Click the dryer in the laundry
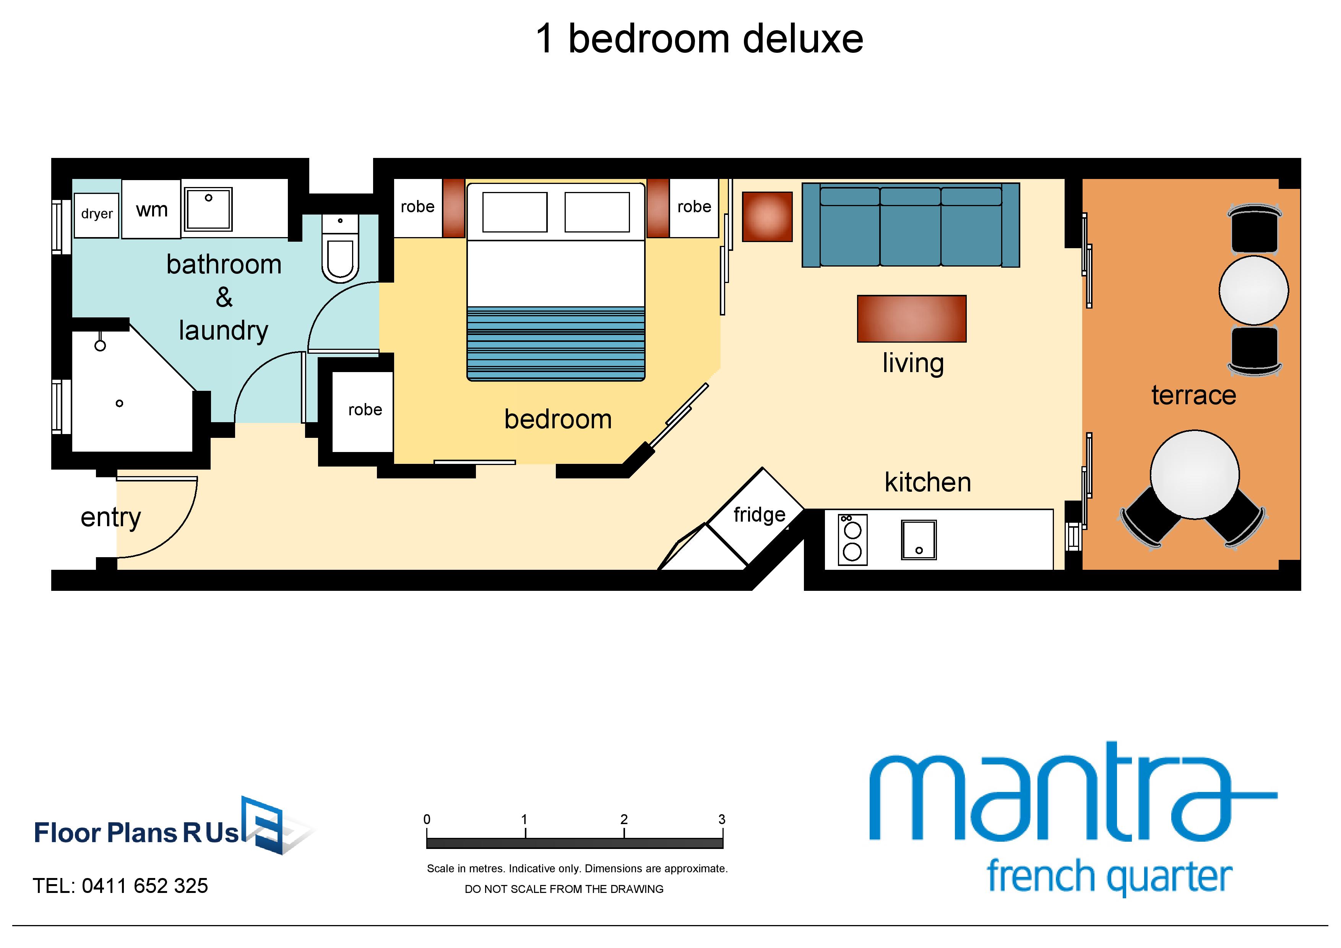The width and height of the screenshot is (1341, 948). click(x=97, y=215)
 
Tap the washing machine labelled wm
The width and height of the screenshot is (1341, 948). click(x=151, y=209)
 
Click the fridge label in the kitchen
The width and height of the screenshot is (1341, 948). click(x=759, y=515)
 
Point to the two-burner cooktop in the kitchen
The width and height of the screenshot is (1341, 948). click(x=852, y=540)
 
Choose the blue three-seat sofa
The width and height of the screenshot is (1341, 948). click(x=911, y=225)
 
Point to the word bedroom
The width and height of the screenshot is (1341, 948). click(x=558, y=420)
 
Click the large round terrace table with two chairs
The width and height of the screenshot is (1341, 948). click(x=1195, y=474)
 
